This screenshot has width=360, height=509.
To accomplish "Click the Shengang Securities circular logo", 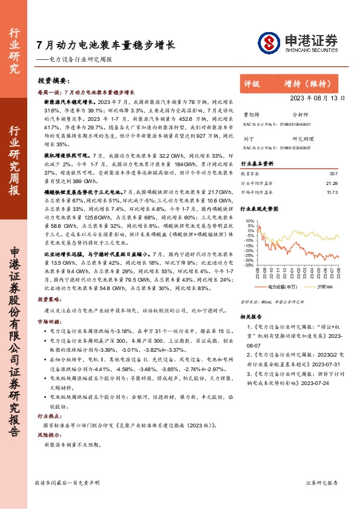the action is (267, 43).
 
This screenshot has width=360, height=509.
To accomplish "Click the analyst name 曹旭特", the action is (250, 114).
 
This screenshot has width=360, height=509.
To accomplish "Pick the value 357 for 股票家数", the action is (333, 173).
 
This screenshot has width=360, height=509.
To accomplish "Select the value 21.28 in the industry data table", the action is (331, 183).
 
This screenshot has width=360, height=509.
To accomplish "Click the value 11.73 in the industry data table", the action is (331, 192).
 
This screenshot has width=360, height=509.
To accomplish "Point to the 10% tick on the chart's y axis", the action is (250, 221).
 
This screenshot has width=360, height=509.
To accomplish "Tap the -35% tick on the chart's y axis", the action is (249, 265).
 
